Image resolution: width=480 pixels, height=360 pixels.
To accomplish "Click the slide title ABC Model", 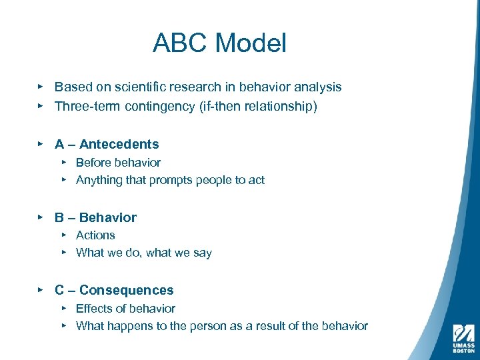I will point(219,43).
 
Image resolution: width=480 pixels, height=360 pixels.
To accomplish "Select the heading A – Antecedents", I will point(107,144).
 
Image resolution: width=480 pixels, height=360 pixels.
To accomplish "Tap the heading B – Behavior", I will point(95,217).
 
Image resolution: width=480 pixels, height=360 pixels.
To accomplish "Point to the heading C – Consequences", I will point(114,290).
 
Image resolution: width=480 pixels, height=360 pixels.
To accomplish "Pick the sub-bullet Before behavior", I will point(118,162).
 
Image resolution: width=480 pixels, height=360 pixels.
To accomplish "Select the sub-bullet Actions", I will point(95,235).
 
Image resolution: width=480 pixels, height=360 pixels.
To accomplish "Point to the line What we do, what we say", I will point(144,253).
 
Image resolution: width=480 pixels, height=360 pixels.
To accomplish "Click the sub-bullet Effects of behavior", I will point(125,308).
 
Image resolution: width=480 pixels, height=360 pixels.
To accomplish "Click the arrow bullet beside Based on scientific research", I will point(41,86).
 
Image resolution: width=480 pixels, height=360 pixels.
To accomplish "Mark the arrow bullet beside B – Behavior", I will point(41,217).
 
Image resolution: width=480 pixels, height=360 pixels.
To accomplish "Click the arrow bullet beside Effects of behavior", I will point(63,307).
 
